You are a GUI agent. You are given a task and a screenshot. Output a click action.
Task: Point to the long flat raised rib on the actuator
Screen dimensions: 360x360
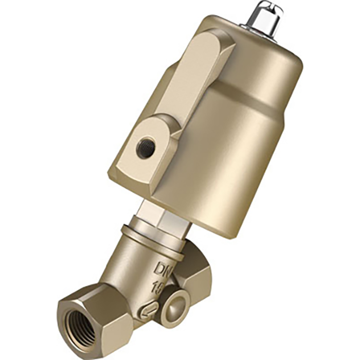point(190,82)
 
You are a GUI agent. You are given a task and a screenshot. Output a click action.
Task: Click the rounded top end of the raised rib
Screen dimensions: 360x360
point(216,44)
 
